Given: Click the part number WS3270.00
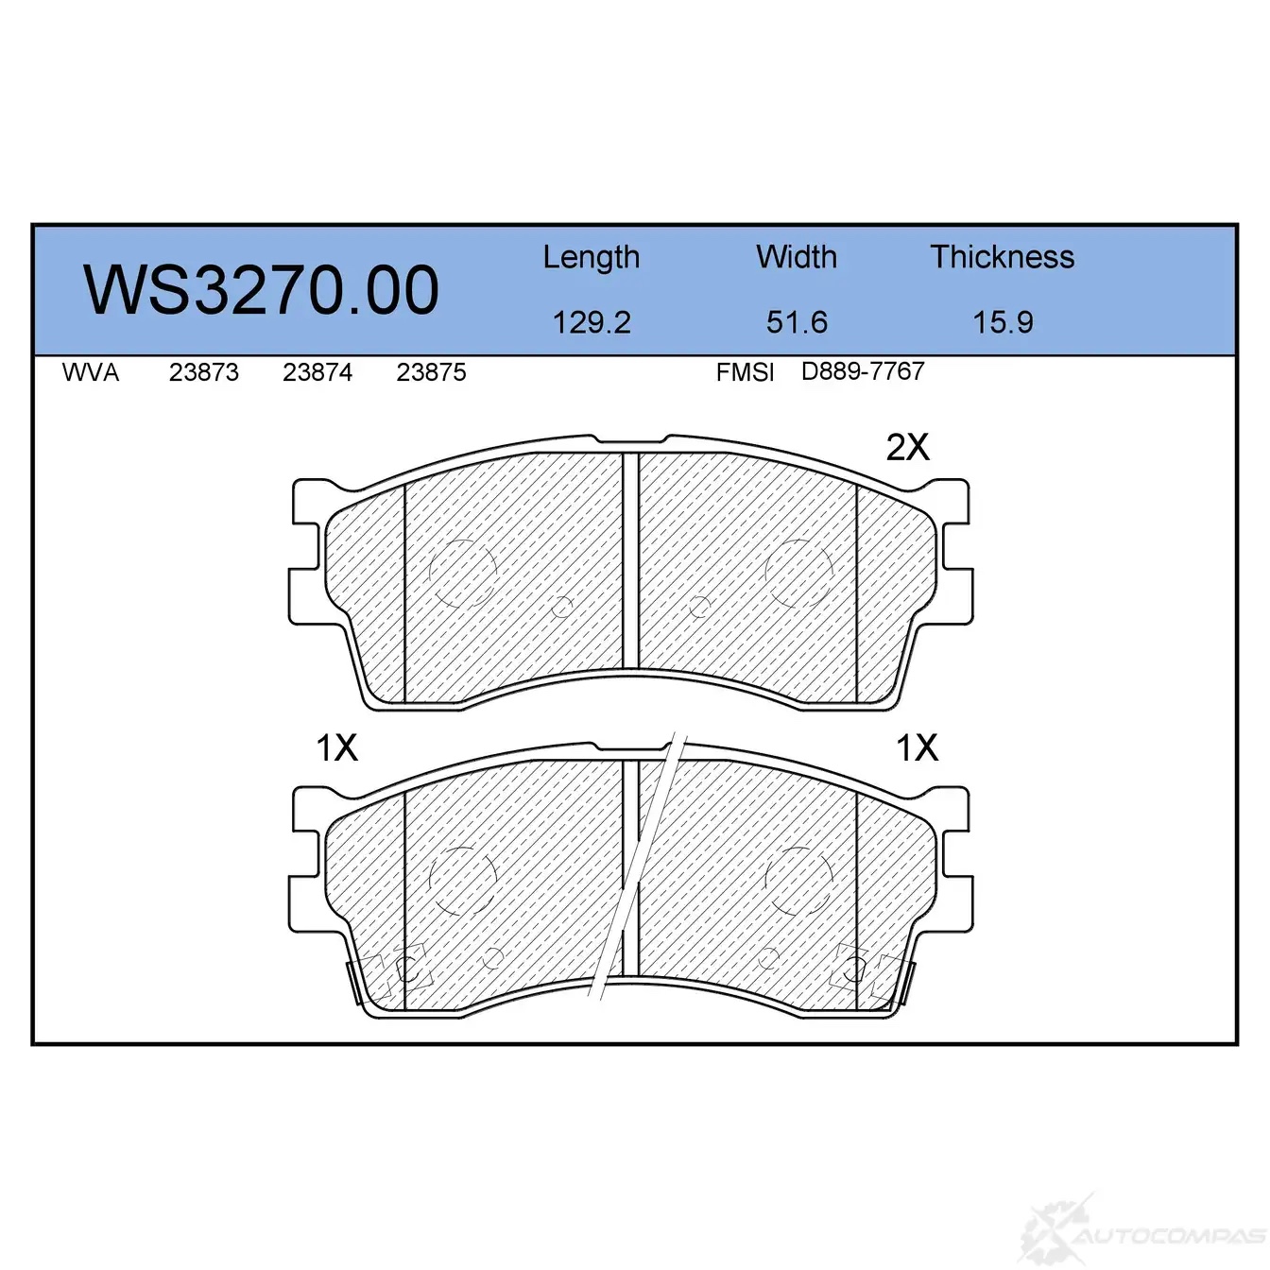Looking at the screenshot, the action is (x=261, y=290).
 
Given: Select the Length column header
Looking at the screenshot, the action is (x=592, y=258).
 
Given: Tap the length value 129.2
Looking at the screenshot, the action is (x=592, y=322).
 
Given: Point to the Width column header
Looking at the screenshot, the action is (x=797, y=256).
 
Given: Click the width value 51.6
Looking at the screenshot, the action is (x=797, y=322).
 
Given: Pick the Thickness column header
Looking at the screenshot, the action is (x=1002, y=256).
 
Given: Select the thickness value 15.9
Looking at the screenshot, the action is (x=1003, y=322).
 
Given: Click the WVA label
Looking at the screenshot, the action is (x=91, y=372).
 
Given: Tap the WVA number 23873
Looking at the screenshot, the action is (x=204, y=372).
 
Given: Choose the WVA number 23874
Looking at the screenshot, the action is (x=317, y=372).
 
